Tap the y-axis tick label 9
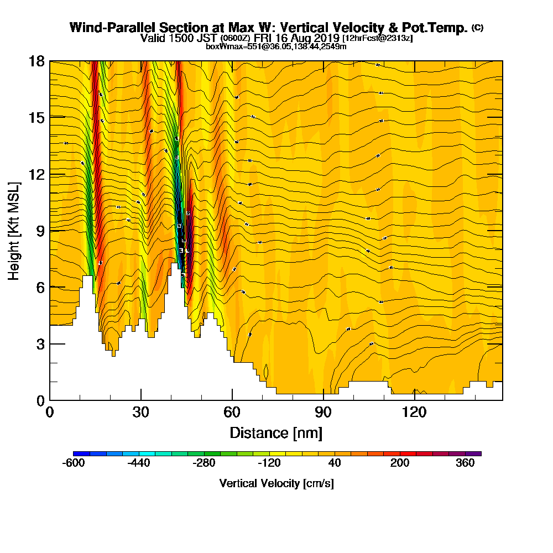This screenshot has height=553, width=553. tap(40, 231)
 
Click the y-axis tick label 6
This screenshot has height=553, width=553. tap(40, 287)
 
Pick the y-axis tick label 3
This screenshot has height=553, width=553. tap(40, 344)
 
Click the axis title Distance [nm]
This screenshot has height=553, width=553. tap(276, 432)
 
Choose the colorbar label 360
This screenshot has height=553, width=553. tap(465, 463)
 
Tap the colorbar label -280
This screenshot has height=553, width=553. tap(204, 463)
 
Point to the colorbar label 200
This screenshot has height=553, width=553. tap(400, 463)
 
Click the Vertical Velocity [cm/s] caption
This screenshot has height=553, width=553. tap(276, 483)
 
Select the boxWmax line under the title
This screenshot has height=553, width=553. tap(276, 46)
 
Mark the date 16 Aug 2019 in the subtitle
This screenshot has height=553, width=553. tap(307, 38)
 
